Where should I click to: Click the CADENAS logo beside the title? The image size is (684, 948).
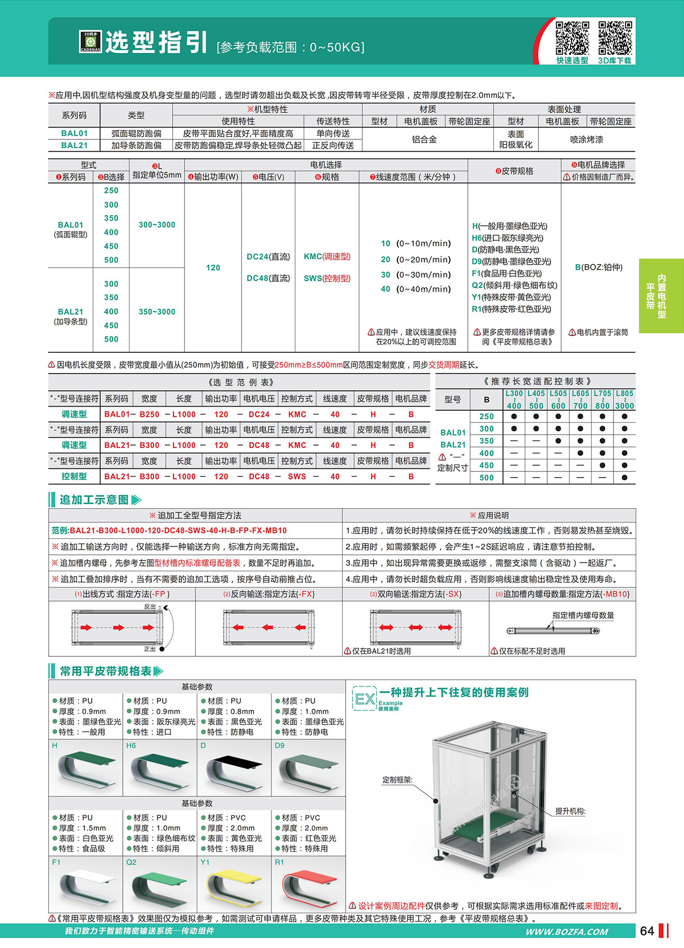90,41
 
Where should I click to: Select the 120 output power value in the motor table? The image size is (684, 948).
213,268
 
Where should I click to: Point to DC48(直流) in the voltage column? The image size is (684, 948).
268,278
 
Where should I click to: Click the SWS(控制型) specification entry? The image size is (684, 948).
327,278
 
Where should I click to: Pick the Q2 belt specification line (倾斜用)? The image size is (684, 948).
515,285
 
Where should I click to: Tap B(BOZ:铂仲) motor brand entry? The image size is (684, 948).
598,267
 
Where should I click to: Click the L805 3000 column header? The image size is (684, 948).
624,399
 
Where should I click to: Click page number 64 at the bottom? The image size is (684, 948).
647,931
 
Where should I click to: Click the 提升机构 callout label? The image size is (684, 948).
570,811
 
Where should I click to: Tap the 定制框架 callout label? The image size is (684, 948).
397,780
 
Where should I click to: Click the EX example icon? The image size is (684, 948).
364,699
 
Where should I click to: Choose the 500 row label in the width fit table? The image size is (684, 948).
486,478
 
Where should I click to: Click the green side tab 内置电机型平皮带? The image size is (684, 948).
661,296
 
